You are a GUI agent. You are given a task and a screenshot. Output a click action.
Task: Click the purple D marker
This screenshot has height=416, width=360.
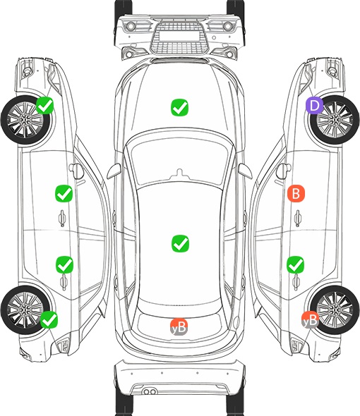pos(314,106)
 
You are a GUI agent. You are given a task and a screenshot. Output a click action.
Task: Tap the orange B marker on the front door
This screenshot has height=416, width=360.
pos(296,193)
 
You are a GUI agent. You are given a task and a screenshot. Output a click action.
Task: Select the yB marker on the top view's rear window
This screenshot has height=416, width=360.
pos(179,327)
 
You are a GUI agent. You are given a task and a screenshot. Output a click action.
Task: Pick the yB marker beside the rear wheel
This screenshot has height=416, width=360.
pos(310,319)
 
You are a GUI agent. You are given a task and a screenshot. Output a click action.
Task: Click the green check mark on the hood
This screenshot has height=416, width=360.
pos(179,107)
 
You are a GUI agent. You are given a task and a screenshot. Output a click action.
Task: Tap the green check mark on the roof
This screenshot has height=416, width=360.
pos(180,243)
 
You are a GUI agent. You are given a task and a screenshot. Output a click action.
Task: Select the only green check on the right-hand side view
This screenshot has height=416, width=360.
pos(296,264)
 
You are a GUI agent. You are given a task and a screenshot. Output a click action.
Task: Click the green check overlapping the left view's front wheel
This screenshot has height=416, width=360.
pos(45,105)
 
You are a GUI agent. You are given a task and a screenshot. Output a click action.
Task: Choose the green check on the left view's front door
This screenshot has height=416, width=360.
pos(64,193)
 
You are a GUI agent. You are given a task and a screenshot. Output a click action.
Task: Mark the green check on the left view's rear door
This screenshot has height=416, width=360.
pos(64,264)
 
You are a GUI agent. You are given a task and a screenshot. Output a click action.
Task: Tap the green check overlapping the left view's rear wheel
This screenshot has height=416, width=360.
pos(49,319)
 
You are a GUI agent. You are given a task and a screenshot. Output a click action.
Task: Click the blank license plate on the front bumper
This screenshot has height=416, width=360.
pos(179,36)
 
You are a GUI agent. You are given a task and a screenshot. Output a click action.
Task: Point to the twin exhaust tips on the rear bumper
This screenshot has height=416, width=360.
pos(150,391)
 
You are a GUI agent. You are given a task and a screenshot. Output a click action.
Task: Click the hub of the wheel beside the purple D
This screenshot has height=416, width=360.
pos(335,120)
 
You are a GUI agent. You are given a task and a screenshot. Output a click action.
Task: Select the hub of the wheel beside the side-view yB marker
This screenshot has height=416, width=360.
pos(335,310)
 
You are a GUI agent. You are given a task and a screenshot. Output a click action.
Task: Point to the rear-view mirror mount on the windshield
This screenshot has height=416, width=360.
pos(179,173)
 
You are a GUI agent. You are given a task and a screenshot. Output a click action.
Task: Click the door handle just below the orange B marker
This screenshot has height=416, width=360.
pos(298,218)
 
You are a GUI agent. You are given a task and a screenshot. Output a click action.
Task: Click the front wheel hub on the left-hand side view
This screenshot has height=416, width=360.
pos(25,120)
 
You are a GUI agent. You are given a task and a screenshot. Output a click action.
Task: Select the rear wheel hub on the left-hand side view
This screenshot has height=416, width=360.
pos(25,310)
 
